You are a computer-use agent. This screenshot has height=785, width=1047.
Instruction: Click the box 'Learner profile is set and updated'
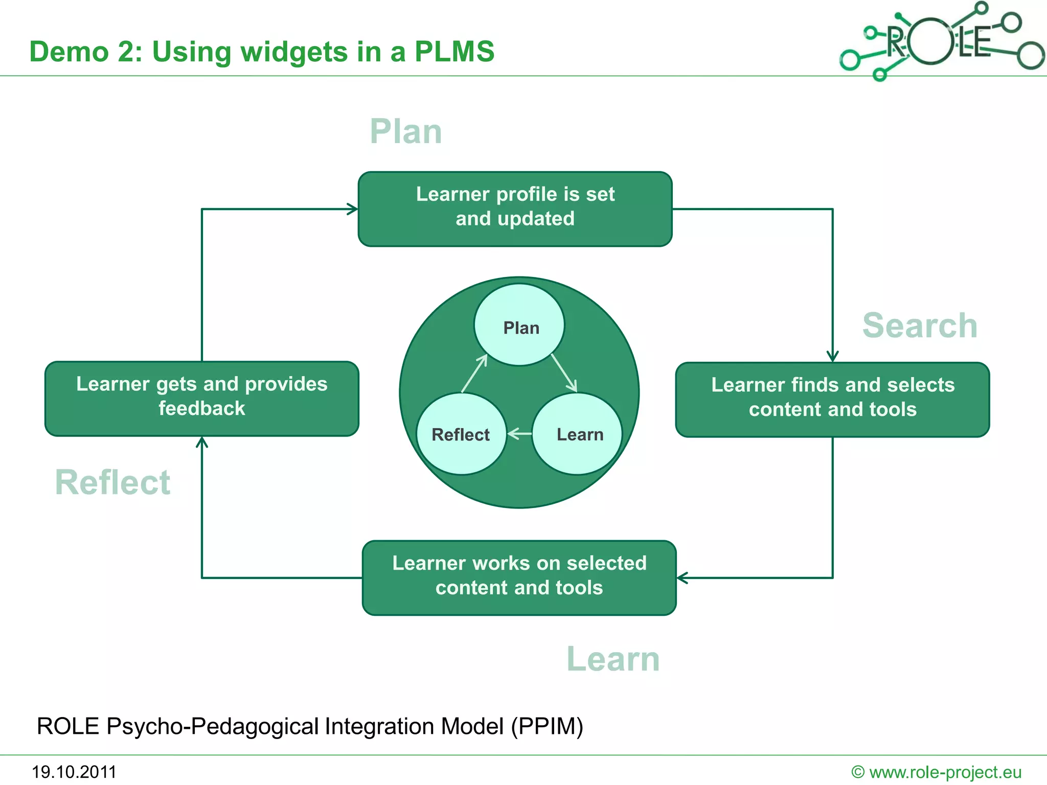(x=515, y=209)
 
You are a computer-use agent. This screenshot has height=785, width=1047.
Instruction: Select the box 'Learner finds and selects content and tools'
(x=832, y=399)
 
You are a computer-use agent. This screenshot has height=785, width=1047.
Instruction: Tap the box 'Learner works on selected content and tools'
(x=519, y=578)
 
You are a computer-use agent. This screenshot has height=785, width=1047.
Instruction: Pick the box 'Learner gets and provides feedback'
(x=201, y=398)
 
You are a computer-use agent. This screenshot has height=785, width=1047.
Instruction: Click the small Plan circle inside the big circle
(x=519, y=325)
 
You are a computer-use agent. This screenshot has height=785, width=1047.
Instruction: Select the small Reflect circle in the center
(x=461, y=434)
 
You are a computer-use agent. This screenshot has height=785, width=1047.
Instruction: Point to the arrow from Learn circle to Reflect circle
(x=519, y=434)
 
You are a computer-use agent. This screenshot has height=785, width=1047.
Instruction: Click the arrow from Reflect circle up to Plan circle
(x=474, y=374)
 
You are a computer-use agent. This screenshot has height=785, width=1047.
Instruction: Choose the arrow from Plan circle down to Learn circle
(x=564, y=373)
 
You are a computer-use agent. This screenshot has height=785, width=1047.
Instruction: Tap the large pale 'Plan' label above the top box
(x=405, y=131)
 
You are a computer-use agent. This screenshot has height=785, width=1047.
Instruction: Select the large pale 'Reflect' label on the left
(x=112, y=482)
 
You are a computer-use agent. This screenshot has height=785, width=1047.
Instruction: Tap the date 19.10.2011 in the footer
(x=74, y=772)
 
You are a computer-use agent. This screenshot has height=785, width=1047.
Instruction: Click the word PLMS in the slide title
(x=454, y=52)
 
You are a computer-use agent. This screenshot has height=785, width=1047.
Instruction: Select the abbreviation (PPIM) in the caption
(x=547, y=726)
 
